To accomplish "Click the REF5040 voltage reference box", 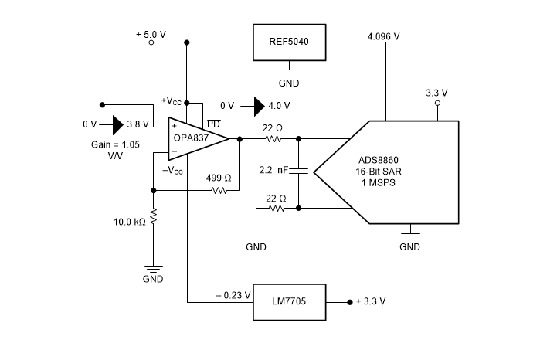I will (290, 42).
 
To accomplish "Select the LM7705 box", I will (290, 301).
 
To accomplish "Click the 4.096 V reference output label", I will (383, 36).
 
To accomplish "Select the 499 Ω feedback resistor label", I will (219, 178).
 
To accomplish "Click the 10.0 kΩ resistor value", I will (130, 222).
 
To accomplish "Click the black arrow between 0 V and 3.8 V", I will (117, 124).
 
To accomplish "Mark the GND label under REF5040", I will (289, 83).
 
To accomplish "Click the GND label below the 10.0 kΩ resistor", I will (153, 278).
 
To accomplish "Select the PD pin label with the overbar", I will (212, 124).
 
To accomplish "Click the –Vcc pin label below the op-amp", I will (174, 172).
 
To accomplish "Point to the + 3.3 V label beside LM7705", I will (370, 301).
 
